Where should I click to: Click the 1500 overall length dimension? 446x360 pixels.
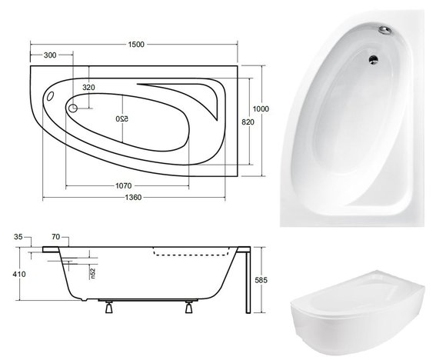pos(136,45)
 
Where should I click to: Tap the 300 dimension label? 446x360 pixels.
pos(50,55)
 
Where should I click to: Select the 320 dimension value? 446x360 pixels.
pos(88,88)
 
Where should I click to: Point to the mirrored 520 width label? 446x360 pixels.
pos(122,118)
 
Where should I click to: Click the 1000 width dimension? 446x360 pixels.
pos(261,108)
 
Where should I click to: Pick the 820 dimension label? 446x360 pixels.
pos(248,122)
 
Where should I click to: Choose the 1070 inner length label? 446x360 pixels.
pos(124,186)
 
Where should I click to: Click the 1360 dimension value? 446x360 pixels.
pos(133,197)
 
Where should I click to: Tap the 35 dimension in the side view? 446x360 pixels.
pos(18,236)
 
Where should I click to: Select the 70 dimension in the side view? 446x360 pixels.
pos(55,236)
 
